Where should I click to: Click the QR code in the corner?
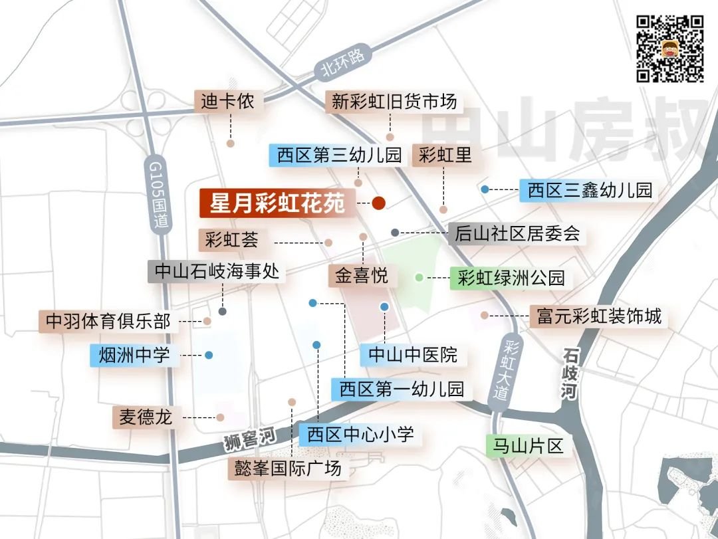pyautogui.click(x=670, y=48)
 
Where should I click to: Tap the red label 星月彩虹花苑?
pyautogui.click(x=277, y=203)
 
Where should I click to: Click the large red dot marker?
pyautogui.click(x=379, y=203)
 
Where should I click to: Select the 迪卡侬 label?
pyautogui.click(x=228, y=102)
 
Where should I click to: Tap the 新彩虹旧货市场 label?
pyautogui.click(x=394, y=102)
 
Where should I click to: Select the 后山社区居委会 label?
pyautogui.click(x=517, y=233)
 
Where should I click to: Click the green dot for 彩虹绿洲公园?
pyautogui.click(x=419, y=277)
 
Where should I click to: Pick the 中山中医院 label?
pyautogui.click(x=413, y=354)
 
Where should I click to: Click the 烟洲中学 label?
pyautogui.click(x=134, y=356)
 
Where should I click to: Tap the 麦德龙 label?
pyautogui.click(x=146, y=417)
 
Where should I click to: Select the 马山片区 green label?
pyautogui.click(x=524, y=446)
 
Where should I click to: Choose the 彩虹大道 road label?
pyautogui.click(x=513, y=369)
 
